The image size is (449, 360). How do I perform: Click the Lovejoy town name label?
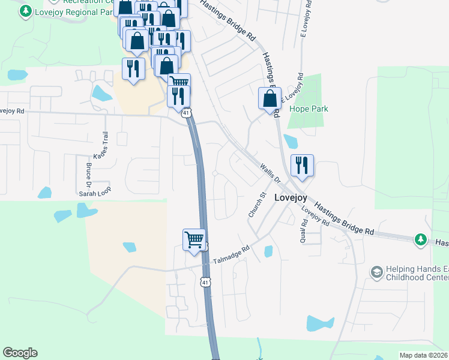pos(291,197)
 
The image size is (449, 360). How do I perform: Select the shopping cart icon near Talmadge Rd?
pos(194,239)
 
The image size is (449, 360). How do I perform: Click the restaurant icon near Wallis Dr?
pos(302,166)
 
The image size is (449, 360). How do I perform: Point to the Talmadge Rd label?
pos(231,256)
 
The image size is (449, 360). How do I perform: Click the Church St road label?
pos(257,205)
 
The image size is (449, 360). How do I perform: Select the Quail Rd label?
pos(303,230)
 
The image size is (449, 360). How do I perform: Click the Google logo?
pos(20,353)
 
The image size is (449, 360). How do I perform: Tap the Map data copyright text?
pos(424,355)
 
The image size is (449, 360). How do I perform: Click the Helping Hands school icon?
pos(377,272)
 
